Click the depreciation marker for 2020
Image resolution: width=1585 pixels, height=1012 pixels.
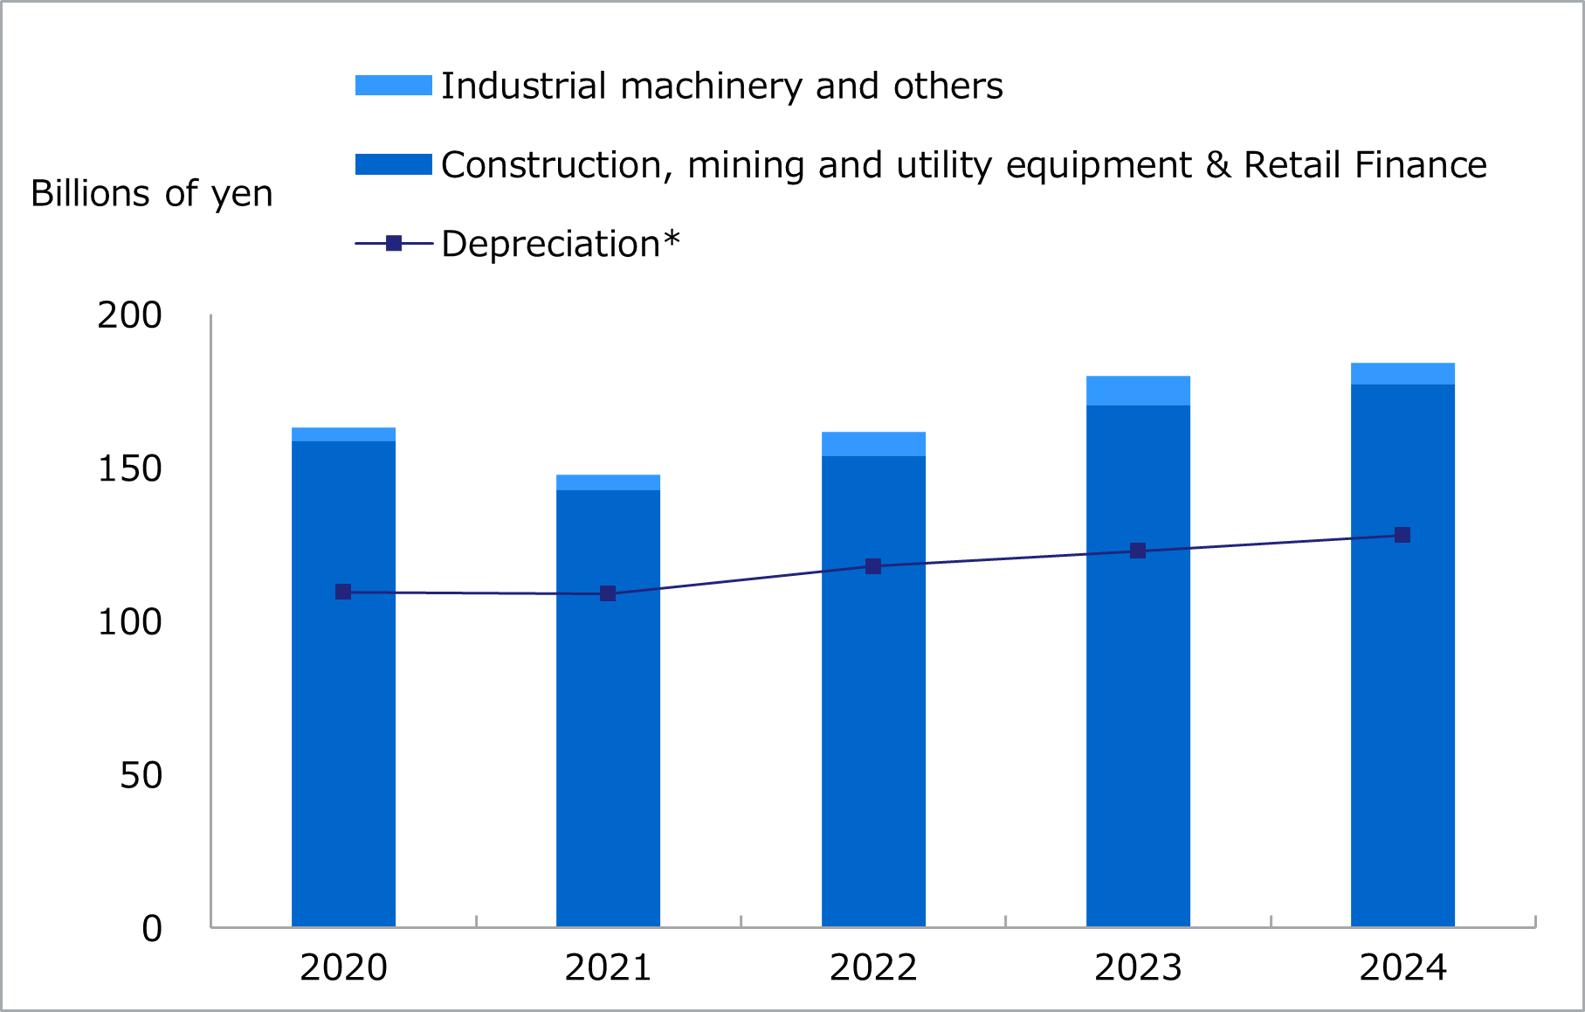(343, 592)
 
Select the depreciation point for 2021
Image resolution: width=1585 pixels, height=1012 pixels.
(608, 593)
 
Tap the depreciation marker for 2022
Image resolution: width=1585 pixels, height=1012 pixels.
(873, 566)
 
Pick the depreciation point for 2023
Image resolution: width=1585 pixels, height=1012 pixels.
(1138, 551)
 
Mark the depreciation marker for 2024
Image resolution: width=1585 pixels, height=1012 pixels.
(1402, 535)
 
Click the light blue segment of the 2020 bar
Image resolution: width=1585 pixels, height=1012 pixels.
(343, 434)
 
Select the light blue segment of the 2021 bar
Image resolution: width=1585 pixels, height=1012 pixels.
(608, 482)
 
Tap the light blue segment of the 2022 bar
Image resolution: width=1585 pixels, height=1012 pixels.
(873, 444)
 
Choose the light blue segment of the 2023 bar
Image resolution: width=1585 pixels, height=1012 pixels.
(1138, 391)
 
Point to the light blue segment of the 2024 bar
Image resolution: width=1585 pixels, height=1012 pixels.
(1402, 374)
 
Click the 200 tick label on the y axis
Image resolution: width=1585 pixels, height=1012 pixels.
(129, 315)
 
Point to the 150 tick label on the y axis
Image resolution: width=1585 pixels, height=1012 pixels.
(129, 469)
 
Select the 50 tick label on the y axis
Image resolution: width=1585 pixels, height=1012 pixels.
(141, 775)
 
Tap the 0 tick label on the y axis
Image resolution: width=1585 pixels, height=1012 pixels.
(152, 929)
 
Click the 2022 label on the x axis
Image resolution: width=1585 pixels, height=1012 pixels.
(873, 968)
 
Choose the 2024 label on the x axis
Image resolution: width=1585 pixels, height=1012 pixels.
(1402, 968)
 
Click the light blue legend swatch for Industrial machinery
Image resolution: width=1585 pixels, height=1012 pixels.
(393, 86)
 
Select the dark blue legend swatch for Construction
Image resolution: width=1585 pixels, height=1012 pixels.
(393, 164)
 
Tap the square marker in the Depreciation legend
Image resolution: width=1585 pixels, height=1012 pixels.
(394, 243)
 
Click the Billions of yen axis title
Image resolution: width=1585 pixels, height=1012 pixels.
(152, 193)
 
